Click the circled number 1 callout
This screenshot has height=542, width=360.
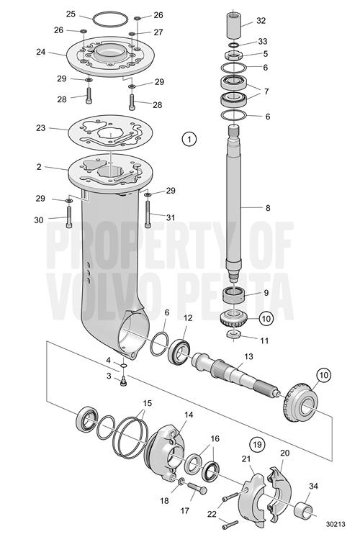point(189,140)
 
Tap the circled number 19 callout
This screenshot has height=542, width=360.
point(257,444)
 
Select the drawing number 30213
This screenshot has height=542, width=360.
point(335,525)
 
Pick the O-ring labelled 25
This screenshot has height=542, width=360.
point(110,19)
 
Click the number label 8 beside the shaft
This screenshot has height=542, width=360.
point(268,208)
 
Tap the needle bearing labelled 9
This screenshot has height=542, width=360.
point(233,294)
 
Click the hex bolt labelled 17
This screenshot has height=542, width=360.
point(197,488)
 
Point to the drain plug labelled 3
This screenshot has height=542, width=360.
point(122,381)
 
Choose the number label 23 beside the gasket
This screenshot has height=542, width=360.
point(41,128)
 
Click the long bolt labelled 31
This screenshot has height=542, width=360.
point(148,214)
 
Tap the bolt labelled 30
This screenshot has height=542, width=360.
point(69,217)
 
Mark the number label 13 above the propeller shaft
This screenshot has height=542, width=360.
point(248,356)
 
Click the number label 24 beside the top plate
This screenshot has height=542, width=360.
point(41,53)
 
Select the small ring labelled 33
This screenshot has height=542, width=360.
point(233,45)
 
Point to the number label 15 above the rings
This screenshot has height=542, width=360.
point(148,403)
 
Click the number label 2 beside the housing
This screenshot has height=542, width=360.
point(39,167)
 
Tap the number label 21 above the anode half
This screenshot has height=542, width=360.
point(246,459)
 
